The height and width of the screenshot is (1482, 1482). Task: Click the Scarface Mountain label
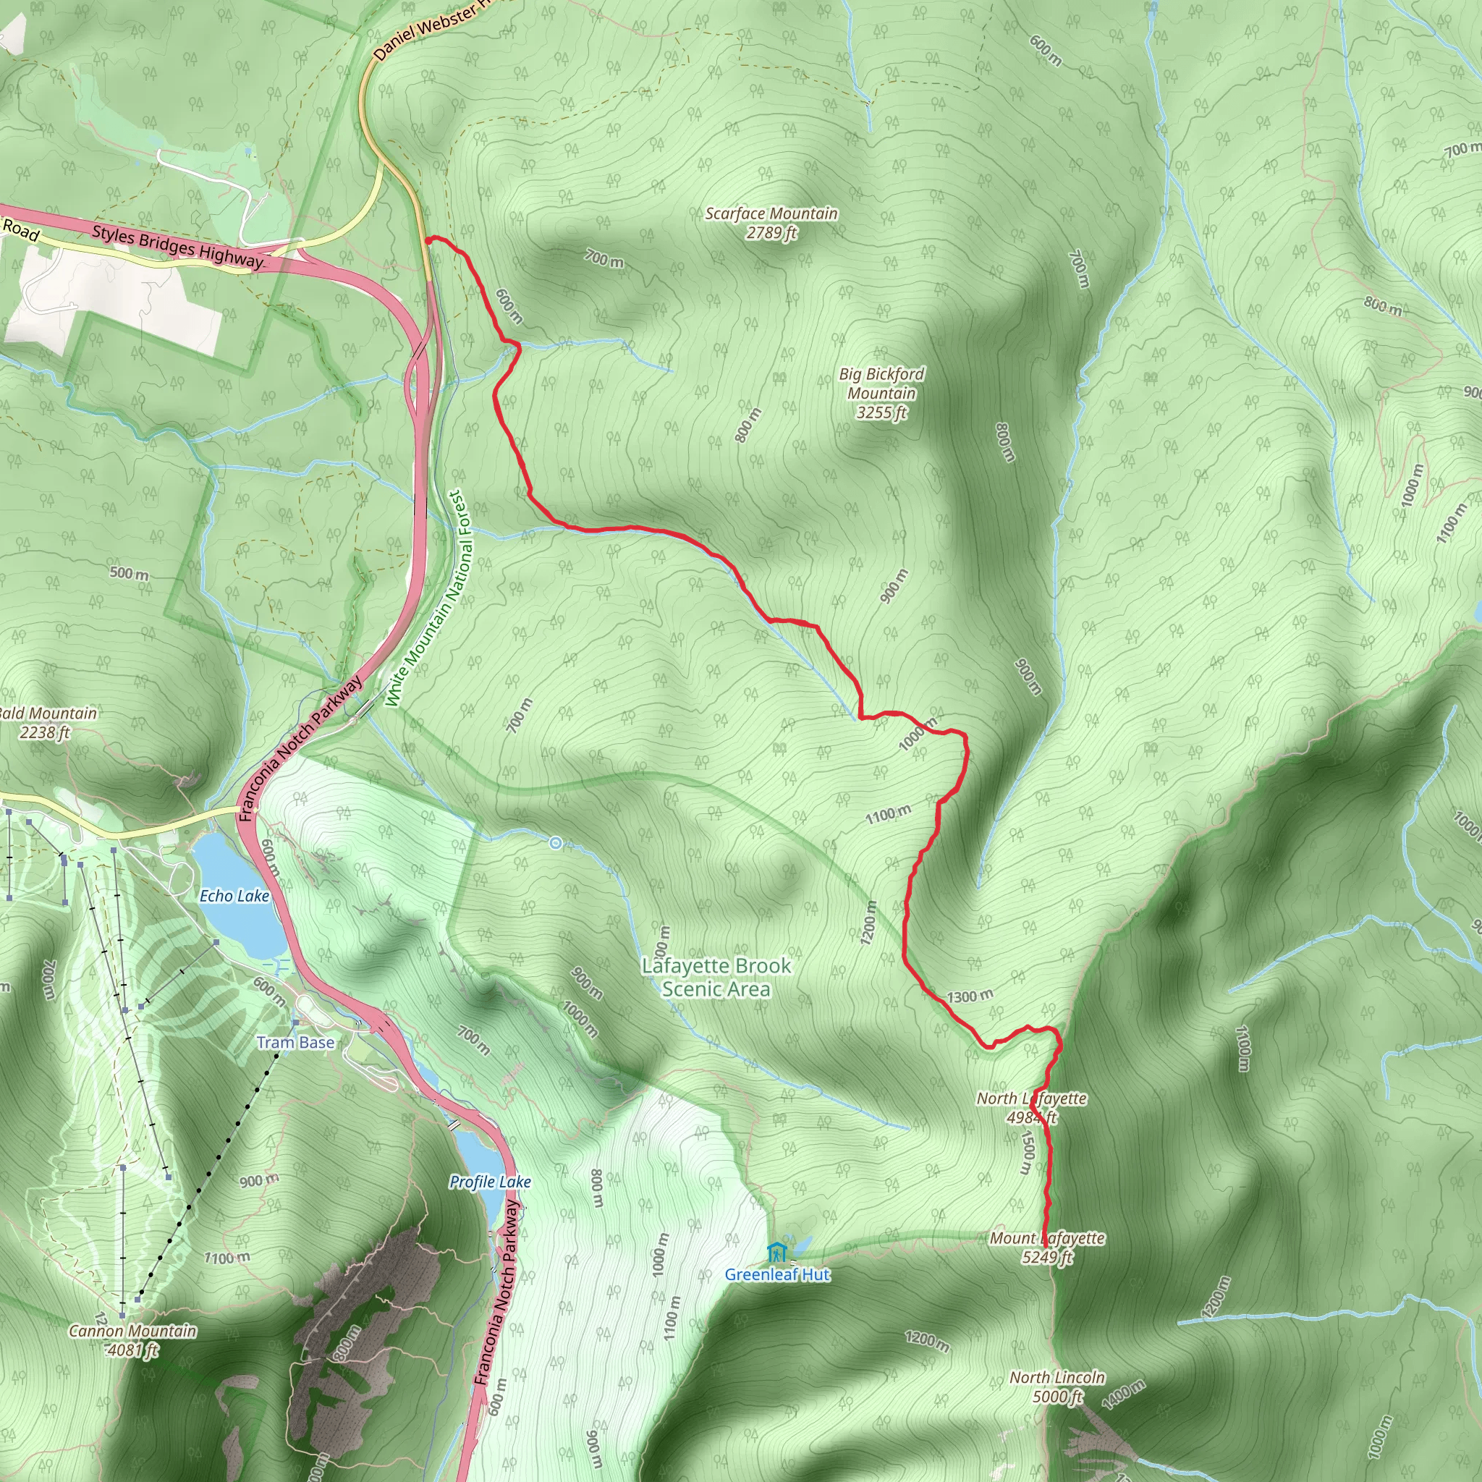pos(771,222)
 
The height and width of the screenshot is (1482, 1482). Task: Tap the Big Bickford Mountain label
pos(881,393)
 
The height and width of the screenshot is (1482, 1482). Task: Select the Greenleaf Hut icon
pos(776,1253)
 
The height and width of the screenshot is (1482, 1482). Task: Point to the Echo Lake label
pos(234,896)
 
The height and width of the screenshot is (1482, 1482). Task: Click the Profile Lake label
pos(490,1182)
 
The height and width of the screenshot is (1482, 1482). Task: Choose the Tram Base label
pos(295,1043)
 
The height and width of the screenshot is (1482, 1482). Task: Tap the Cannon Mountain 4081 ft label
pos(132,1340)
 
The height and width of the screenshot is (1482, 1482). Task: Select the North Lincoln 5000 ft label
pos(1057,1387)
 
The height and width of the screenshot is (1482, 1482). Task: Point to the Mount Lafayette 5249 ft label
pos(1047,1248)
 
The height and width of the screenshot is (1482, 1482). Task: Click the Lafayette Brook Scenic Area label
pos(716,977)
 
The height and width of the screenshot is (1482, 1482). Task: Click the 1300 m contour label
pos(970,996)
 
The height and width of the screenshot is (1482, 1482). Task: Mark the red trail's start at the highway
pos(426,240)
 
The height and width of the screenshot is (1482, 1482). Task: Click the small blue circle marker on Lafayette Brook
pos(555,844)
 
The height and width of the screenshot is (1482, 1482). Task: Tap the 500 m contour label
pos(129,573)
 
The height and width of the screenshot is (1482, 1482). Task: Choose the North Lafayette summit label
pos(1031,1108)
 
